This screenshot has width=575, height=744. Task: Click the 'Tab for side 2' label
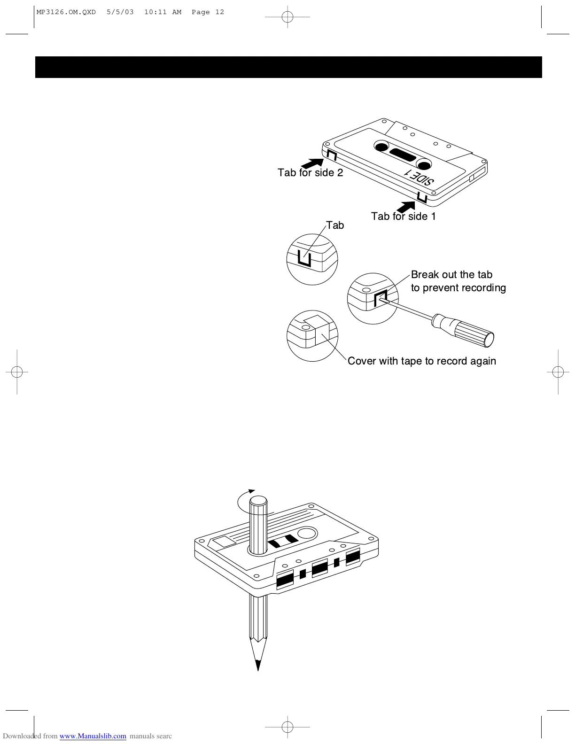pos(310,173)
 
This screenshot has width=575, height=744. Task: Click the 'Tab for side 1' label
pos(403,217)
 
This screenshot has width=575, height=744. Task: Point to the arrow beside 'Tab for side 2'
pos(311,163)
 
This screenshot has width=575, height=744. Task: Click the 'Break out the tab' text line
pos(451,275)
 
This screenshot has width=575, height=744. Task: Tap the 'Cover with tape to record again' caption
pos(421,361)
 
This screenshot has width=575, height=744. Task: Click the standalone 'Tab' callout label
pos(335,225)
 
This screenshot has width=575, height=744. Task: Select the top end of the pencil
pos(258,502)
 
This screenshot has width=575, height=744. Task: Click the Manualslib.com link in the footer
pos(93,736)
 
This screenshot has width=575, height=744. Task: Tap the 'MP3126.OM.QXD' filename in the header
pos(66,12)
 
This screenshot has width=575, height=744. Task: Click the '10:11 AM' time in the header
pos(163,12)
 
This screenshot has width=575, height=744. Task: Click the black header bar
pos(288,67)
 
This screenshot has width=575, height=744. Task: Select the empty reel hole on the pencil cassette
pos(307,534)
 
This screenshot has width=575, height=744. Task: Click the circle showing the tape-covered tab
pos(312,336)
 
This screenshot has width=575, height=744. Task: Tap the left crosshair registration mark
pos(17,372)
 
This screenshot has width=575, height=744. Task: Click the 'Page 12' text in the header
pos(208,12)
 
